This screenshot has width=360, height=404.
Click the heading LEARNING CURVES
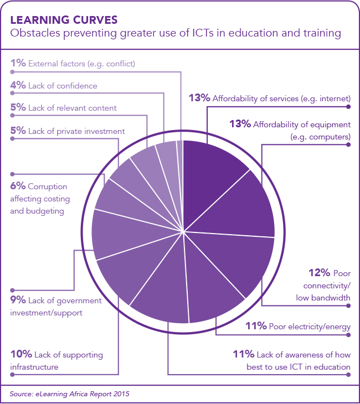pos(64,20)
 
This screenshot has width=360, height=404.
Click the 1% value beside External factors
pos(18,64)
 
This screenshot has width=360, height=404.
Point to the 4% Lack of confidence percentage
pos(18,86)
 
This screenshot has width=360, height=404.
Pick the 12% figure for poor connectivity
pos(319,273)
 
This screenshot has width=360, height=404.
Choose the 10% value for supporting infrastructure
pos(21,355)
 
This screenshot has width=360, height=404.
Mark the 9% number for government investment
pos(18,301)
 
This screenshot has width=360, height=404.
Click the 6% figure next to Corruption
pos(18,187)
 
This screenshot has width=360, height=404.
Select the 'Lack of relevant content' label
pos(74,108)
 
